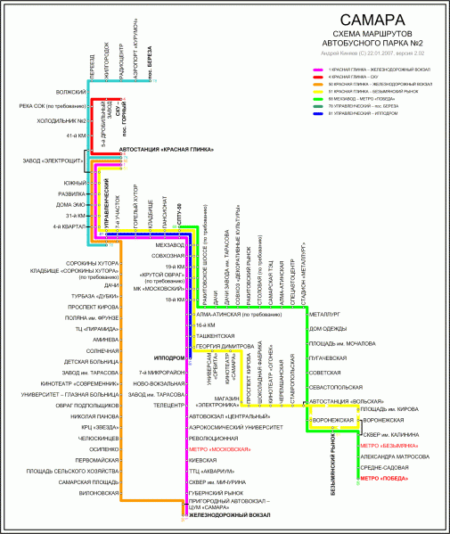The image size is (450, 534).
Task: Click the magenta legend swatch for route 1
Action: pos(317,69)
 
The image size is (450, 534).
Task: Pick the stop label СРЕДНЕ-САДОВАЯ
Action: pos(383,467)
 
